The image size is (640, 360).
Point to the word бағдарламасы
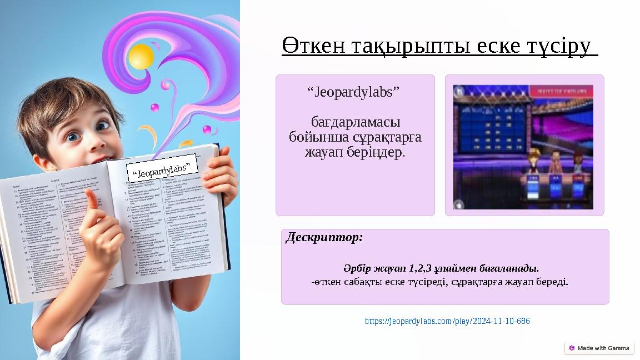click(x=356, y=122)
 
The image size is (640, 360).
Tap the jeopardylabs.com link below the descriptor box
click(x=447, y=322)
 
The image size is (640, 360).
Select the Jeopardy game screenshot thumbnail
click(x=523, y=147)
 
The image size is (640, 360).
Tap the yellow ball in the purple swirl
click(x=141, y=56)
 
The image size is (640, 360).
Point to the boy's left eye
click(x=103, y=126)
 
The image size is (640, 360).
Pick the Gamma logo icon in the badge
click(x=572, y=348)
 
